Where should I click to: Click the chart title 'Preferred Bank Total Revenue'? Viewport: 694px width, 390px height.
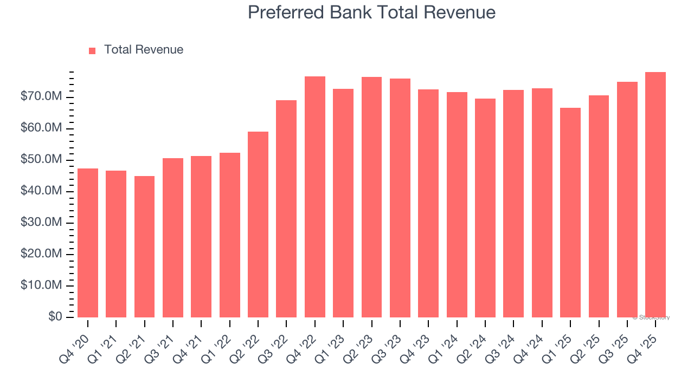[x=371, y=12]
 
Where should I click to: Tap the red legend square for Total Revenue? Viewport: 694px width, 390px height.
[x=92, y=50]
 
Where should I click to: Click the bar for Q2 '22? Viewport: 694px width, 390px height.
[x=258, y=224]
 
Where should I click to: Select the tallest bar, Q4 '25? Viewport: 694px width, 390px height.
[x=656, y=194]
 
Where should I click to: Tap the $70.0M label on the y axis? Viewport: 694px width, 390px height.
[x=41, y=97]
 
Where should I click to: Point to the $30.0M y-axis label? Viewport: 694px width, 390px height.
[x=41, y=223]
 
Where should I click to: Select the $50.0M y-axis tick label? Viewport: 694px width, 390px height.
[x=41, y=160]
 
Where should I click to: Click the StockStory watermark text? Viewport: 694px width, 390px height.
[x=651, y=317]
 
